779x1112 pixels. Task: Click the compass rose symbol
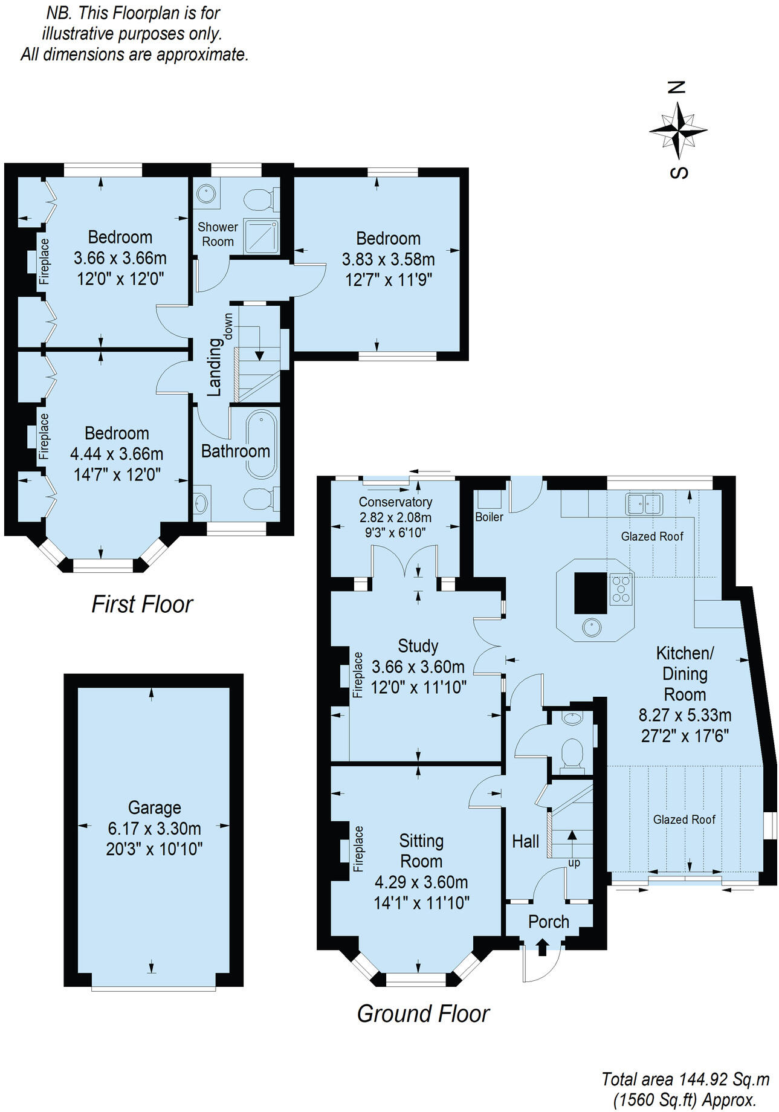(678, 129)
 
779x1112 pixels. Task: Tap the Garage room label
(154, 808)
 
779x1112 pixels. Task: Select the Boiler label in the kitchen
(489, 517)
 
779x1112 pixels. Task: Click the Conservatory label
(395, 502)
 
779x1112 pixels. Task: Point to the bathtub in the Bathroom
(261, 445)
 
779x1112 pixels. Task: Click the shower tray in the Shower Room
(261, 236)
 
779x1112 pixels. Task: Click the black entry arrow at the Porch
(542, 946)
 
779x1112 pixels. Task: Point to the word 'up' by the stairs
(574, 863)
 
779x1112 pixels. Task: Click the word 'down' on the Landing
(228, 327)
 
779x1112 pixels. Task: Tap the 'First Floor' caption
(142, 604)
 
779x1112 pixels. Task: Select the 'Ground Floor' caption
(423, 1013)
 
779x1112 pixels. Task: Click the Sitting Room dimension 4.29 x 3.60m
(421, 882)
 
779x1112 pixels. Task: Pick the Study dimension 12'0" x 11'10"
(418, 688)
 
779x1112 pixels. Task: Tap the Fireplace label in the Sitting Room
(358, 849)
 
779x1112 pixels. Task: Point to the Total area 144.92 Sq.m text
(685, 1079)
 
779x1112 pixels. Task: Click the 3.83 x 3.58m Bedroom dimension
(388, 260)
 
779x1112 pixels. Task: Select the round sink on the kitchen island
(592, 627)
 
